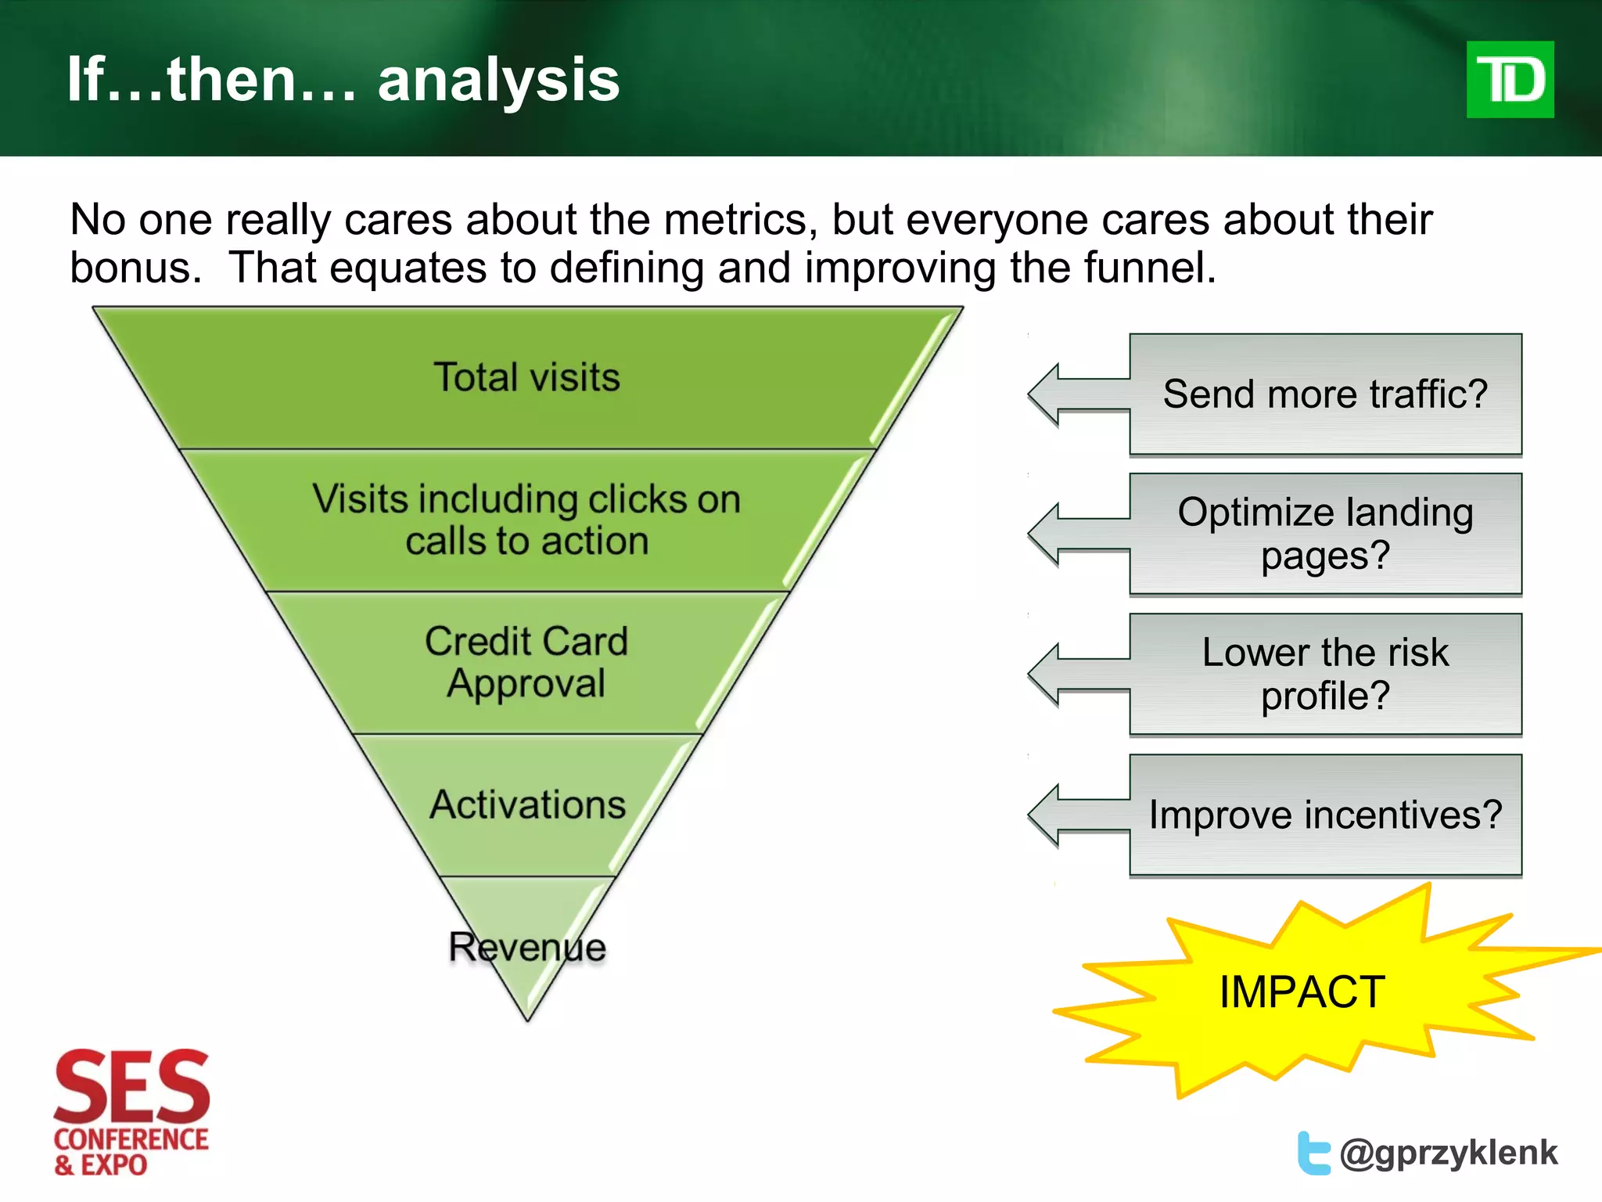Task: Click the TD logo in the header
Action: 1510,80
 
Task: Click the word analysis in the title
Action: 498,81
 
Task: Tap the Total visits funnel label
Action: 526,377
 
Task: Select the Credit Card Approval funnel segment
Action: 526,662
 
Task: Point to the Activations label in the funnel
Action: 528,804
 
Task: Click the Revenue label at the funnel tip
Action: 527,947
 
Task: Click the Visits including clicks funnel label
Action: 526,520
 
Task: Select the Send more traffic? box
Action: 1325,394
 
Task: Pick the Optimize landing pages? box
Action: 1325,534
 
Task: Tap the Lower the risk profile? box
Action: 1325,674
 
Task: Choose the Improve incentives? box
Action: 1325,815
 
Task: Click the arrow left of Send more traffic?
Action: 1076,394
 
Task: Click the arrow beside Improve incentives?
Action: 1076,815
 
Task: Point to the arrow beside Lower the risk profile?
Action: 1076,675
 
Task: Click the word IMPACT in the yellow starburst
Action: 1302,992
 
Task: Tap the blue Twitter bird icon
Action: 1313,1153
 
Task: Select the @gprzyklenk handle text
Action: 1448,1153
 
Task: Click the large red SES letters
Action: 131,1086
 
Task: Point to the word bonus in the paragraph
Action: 130,268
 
